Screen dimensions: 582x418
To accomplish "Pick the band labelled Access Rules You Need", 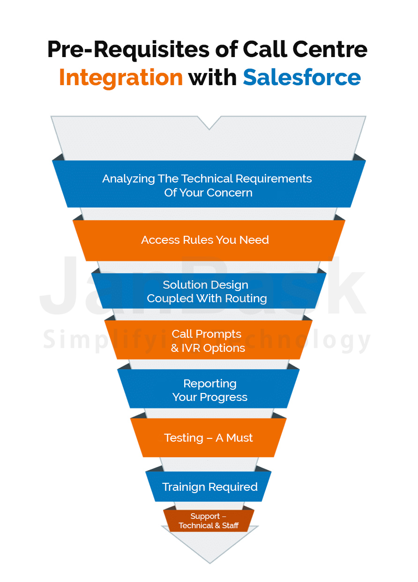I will click(205, 240).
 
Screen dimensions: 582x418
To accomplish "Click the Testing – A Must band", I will click(209, 438).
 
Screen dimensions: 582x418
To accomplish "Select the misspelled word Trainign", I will click(184, 487).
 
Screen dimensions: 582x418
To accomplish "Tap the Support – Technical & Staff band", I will click(209, 521).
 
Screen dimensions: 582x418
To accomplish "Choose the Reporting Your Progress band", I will click(209, 390).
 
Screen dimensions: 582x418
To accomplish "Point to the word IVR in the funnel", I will click(191, 348).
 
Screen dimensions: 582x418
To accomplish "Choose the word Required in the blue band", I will click(233, 487).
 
